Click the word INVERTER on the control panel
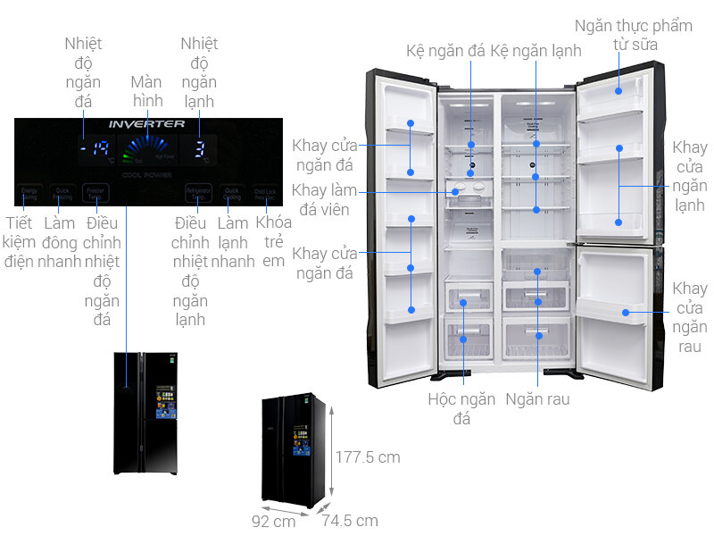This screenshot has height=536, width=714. click(x=146, y=124)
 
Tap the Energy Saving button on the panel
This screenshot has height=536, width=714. click(x=30, y=192)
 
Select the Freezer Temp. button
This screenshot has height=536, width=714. click(x=95, y=192)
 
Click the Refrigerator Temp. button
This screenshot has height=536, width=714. click(x=197, y=192)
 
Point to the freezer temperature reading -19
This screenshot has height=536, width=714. click(x=93, y=150)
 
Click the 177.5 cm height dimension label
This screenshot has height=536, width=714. click(x=368, y=457)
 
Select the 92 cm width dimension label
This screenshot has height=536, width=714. click(x=273, y=521)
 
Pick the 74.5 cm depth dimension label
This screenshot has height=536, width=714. click(x=350, y=521)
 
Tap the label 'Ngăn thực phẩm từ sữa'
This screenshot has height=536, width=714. click(x=634, y=35)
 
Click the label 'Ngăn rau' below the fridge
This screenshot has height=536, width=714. click(x=537, y=399)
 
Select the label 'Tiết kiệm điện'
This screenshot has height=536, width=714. click(x=18, y=241)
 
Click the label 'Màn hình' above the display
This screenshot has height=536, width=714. click(x=146, y=90)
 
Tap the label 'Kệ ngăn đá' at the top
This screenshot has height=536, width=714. click(x=445, y=50)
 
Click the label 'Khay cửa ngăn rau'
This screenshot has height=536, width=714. click(x=689, y=317)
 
